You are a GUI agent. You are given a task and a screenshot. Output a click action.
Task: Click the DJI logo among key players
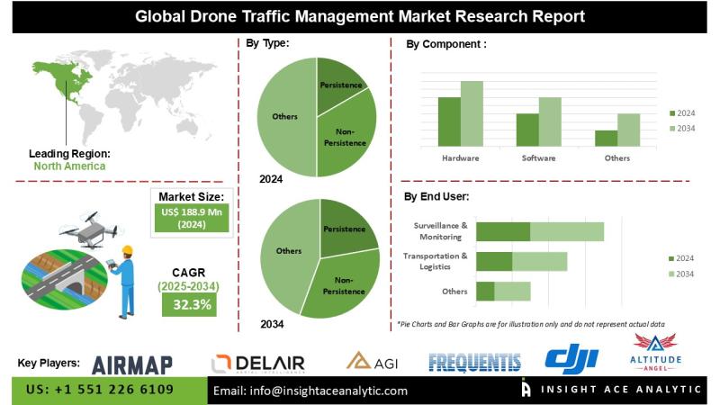(x=571, y=361)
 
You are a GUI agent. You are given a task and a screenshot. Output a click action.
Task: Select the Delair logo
(x=257, y=363)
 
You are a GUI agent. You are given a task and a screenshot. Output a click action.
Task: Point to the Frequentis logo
(x=474, y=362)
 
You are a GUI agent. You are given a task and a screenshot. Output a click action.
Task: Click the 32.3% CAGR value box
(x=187, y=304)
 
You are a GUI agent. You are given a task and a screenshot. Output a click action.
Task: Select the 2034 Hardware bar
(x=472, y=113)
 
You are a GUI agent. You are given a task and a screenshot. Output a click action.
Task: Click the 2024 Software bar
(x=526, y=130)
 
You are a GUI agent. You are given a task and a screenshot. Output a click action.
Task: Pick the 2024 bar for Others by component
(x=606, y=138)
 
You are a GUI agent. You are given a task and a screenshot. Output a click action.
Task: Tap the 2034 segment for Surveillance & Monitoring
(x=566, y=231)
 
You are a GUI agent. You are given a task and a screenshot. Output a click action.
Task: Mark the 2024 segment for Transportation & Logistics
(x=494, y=261)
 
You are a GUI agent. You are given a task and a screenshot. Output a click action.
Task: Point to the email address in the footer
(x=310, y=391)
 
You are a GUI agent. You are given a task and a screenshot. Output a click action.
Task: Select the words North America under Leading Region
(x=69, y=166)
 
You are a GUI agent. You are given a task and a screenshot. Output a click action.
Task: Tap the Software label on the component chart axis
(x=538, y=157)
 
